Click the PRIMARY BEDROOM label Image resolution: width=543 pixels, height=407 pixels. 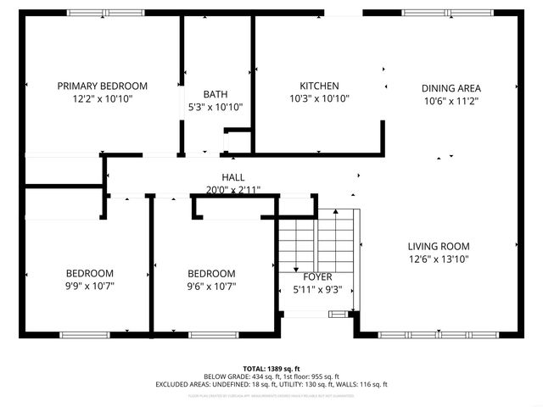pos(102,86)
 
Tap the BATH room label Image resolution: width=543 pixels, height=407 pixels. pos(215,94)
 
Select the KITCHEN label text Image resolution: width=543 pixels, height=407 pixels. pos(319,86)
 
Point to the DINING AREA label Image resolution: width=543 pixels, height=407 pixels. pos(452,88)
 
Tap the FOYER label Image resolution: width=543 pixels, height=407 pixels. pos(317,276)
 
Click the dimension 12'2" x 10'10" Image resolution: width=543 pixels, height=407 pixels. pos(102,98)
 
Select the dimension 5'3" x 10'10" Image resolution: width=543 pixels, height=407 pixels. pos(215,107)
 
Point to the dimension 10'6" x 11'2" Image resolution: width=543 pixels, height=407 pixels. pos(452,101)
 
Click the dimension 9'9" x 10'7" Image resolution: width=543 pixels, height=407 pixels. pos(90,286)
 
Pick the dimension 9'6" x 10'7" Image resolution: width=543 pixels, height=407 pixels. pos(210,286)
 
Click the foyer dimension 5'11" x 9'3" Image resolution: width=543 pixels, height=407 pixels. pos(317,289)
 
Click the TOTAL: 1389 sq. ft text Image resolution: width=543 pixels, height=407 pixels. pos(271,369)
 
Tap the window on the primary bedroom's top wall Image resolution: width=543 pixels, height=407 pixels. pos(106,13)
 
